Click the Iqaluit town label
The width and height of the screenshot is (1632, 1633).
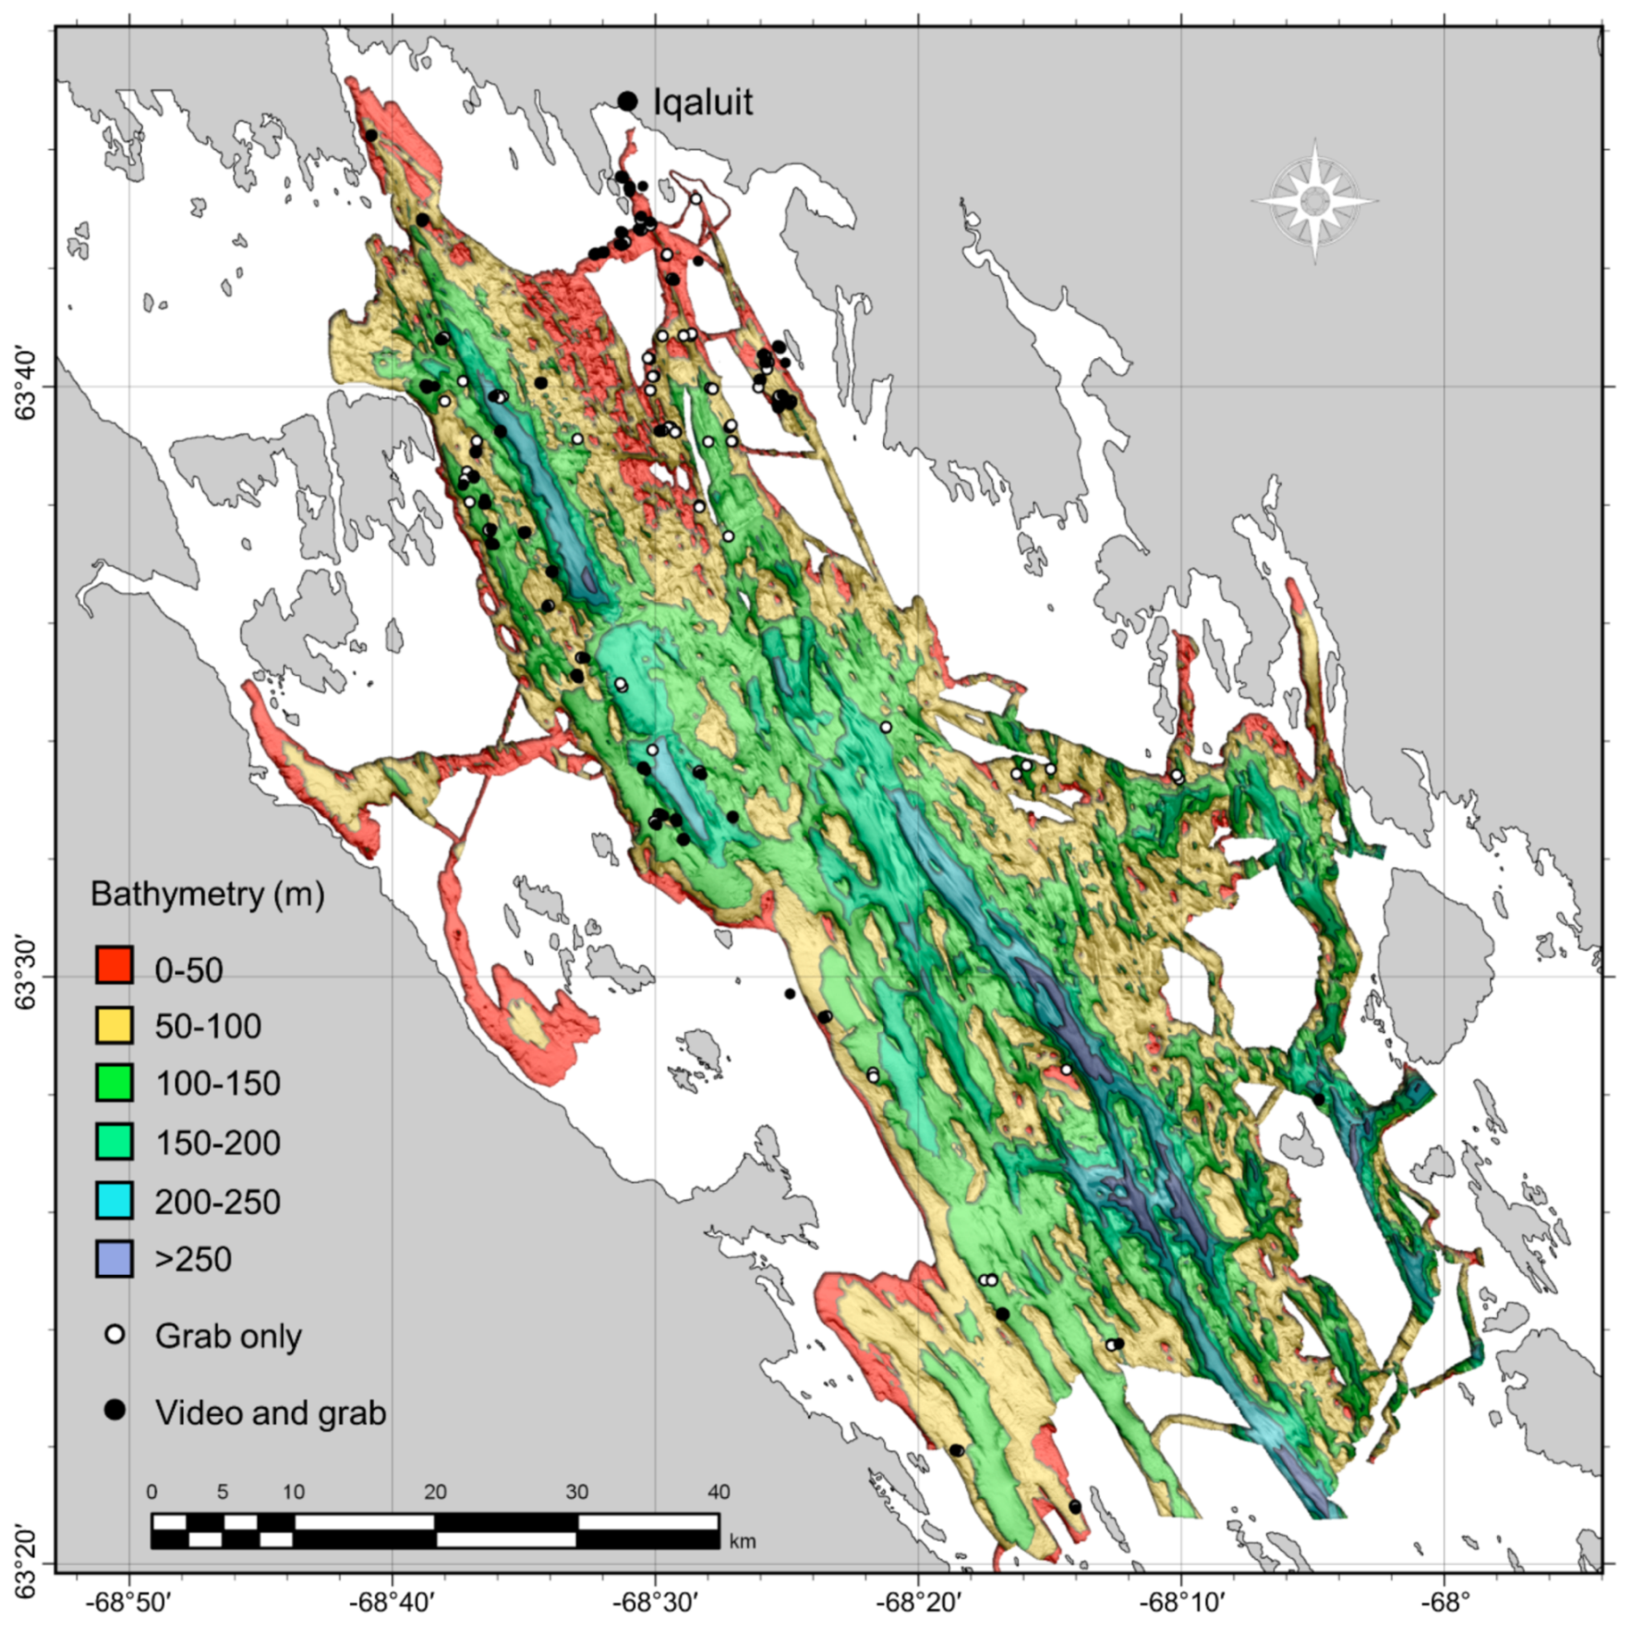click(703, 102)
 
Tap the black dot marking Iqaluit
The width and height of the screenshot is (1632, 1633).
click(627, 101)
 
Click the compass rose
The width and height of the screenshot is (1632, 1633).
click(1314, 200)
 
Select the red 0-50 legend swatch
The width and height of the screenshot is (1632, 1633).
click(115, 966)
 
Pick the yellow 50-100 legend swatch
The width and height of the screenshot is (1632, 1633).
click(115, 1025)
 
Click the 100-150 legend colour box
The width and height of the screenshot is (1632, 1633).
click(115, 1083)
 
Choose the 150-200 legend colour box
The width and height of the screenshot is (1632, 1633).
click(115, 1142)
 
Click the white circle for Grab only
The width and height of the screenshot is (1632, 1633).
click(115, 1335)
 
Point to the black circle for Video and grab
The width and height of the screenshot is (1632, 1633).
click(115, 1410)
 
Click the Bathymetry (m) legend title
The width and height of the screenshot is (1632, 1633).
click(207, 895)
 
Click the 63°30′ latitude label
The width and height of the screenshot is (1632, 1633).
click(27, 976)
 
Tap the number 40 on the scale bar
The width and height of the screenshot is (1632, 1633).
click(719, 1492)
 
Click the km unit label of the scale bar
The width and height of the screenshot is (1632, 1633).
click(742, 1543)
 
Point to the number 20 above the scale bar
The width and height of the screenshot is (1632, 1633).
click(435, 1492)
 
